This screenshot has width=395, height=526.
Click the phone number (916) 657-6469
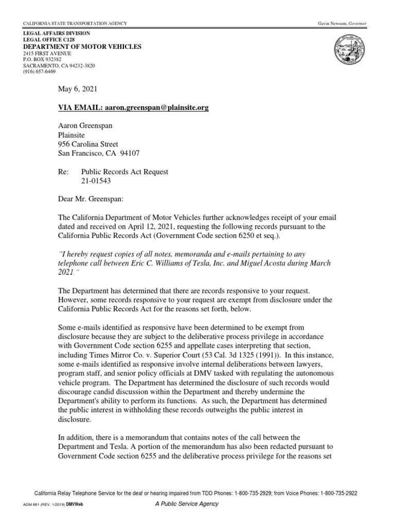click(40, 72)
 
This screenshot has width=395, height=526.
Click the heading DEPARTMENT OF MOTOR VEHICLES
click(82, 47)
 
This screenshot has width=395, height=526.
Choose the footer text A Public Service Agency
click(187, 504)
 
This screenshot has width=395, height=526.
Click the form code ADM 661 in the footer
click(33, 504)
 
